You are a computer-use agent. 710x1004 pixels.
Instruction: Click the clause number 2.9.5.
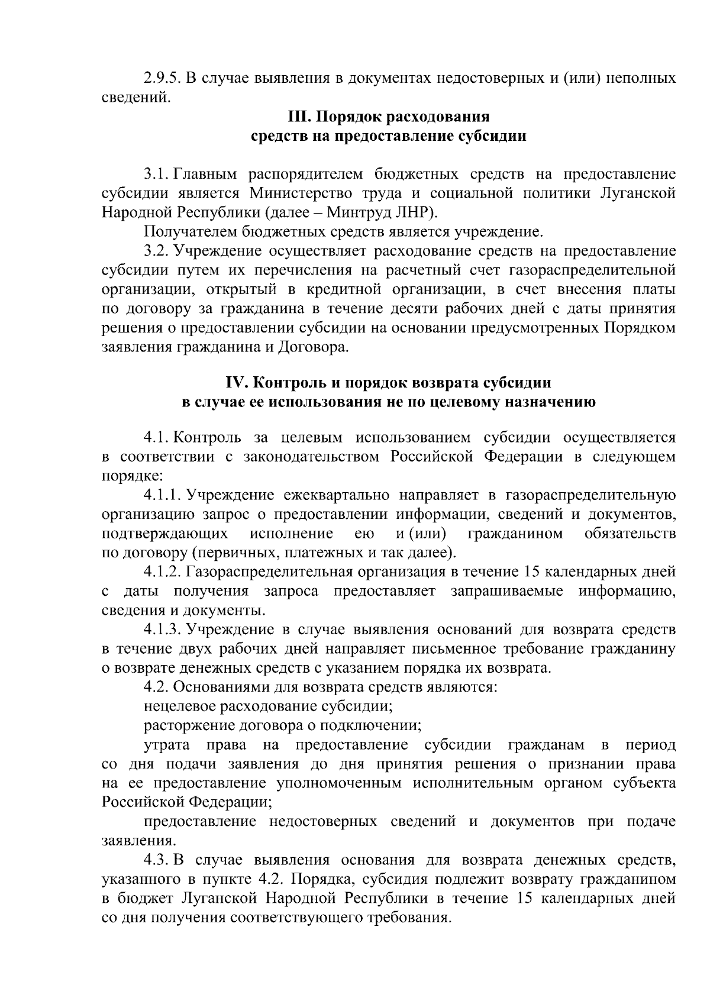[162, 78]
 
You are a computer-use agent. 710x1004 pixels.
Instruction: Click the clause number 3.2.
[157, 250]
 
